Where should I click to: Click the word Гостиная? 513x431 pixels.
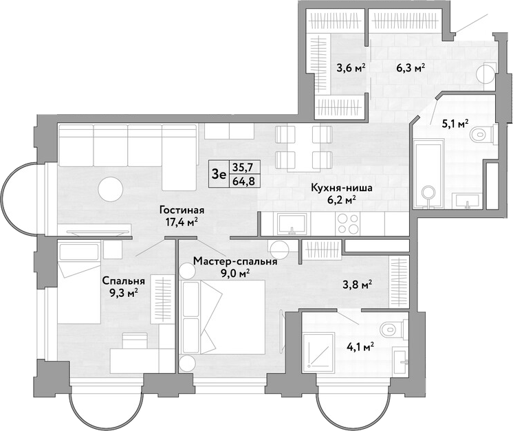pos(182,210)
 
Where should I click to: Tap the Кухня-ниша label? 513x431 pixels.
pos(342,188)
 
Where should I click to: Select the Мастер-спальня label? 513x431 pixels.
pos(235,261)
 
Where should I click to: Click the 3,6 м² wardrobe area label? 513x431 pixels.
pos(351,69)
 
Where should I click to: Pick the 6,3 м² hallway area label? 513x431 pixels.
pos(411,68)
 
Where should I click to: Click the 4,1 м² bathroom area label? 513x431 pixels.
pos(360,346)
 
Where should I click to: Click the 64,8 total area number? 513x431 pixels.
pos(243,180)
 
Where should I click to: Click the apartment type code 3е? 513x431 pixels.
pos(219,175)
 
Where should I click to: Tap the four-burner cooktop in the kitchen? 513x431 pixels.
pos(347,223)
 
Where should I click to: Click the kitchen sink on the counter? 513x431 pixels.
pos(292,224)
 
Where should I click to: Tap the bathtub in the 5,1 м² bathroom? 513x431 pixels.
pos(428,173)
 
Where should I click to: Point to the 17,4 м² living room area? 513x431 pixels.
pos(182,222)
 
